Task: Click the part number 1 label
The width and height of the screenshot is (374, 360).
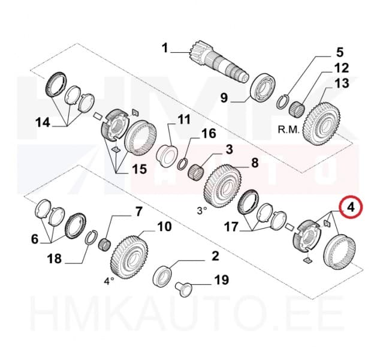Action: pyautogui.click(x=165, y=48)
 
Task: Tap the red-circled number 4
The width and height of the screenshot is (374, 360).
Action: pyautogui.click(x=349, y=208)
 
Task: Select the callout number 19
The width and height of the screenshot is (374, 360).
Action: pyautogui.click(x=221, y=280)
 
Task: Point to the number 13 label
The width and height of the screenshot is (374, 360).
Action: pyautogui.click(x=342, y=83)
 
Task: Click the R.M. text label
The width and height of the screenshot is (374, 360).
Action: pyautogui.click(x=289, y=128)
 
